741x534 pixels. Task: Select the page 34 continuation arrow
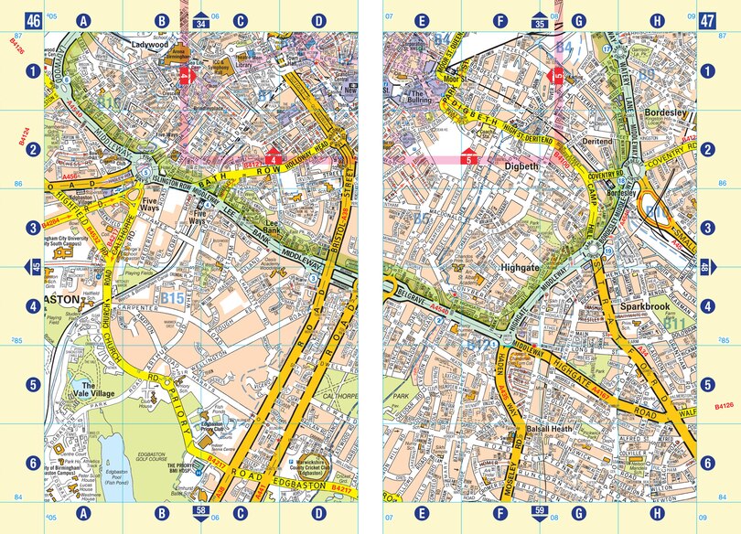(x=201, y=16)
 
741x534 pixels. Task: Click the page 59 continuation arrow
(x=540, y=515)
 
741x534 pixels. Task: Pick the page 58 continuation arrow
(x=201, y=515)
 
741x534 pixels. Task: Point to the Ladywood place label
(x=151, y=44)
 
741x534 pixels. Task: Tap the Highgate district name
(x=523, y=268)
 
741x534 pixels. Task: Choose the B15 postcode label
(x=172, y=299)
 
